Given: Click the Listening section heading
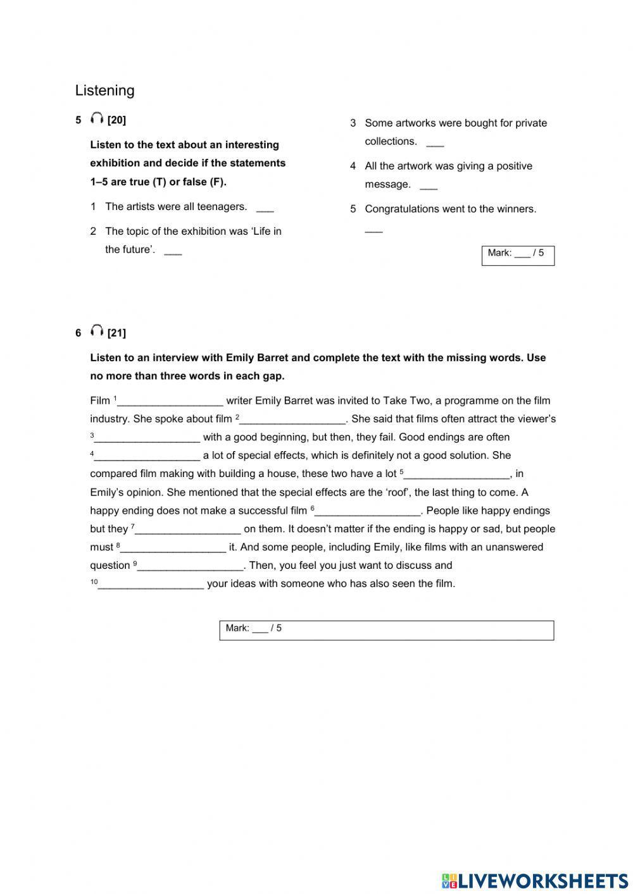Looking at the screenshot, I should (x=104, y=90).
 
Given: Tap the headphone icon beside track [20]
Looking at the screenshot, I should (x=97, y=118).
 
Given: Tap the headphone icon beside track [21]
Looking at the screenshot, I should (x=97, y=331).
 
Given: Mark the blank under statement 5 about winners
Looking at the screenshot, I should (x=373, y=231).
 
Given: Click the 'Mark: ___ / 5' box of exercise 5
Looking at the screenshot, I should (x=518, y=255).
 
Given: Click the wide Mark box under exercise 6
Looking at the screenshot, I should (x=386, y=630).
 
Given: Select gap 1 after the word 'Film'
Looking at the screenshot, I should (x=170, y=402).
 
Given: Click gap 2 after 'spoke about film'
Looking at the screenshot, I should (x=292, y=420).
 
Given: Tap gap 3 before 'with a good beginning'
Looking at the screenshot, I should (x=147, y=438).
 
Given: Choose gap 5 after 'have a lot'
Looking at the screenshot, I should (x=457, y=475).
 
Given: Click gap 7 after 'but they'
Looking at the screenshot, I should (x=188, y=530).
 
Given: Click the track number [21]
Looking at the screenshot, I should (x=116, y=333).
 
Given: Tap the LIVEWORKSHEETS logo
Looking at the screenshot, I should (x=535, y=880).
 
